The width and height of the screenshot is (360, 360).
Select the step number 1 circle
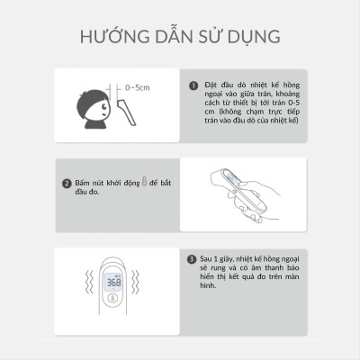point(193,85)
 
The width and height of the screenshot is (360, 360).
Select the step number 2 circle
point(67,184)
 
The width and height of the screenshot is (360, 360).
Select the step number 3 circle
point(193,258)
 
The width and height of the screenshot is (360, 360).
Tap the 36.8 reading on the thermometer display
point(114,282)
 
